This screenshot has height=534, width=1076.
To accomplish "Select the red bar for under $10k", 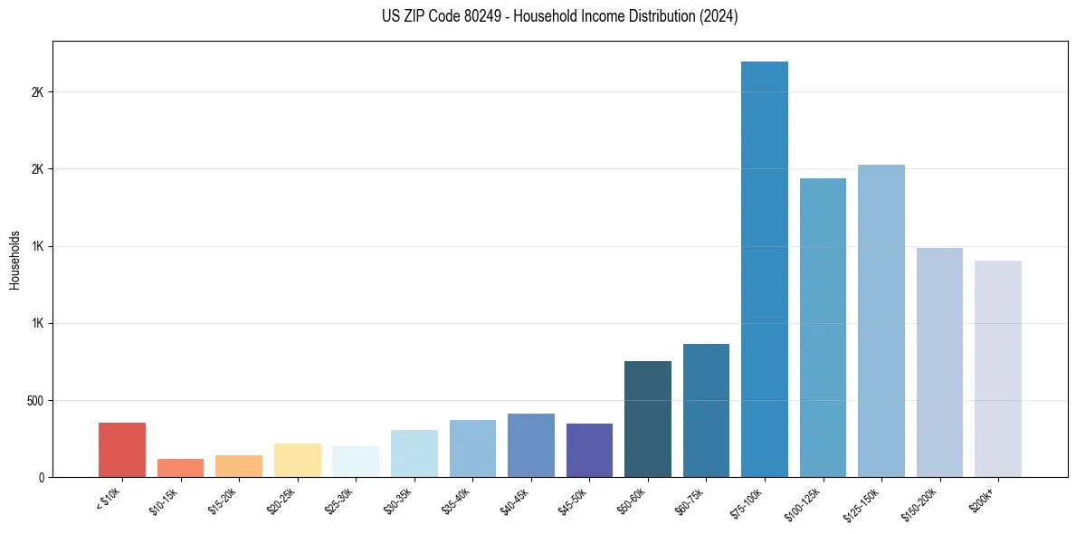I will click(122, 450).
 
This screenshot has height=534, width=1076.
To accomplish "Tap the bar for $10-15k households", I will click(180, 468).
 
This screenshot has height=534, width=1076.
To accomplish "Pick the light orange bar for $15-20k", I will click(239, 466).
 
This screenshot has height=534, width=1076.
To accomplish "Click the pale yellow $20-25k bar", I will click(297, 461).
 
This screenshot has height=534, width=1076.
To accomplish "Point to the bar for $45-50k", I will click(589, 451).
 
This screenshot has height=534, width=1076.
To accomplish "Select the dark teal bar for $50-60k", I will click(648, 419).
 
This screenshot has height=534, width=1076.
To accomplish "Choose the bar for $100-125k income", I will click(823, 328).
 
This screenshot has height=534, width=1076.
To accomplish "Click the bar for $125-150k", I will click(881, 321).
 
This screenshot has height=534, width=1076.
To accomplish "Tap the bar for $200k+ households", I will click(998, 369).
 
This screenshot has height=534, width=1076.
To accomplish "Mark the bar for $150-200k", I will click(939, 362).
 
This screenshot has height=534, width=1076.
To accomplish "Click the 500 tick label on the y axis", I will click(36, 401).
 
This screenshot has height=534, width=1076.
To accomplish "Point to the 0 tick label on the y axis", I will click(42, 478).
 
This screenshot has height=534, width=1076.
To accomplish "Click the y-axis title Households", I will click(14, 260).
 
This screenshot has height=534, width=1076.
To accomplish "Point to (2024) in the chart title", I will click(719, 16).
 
